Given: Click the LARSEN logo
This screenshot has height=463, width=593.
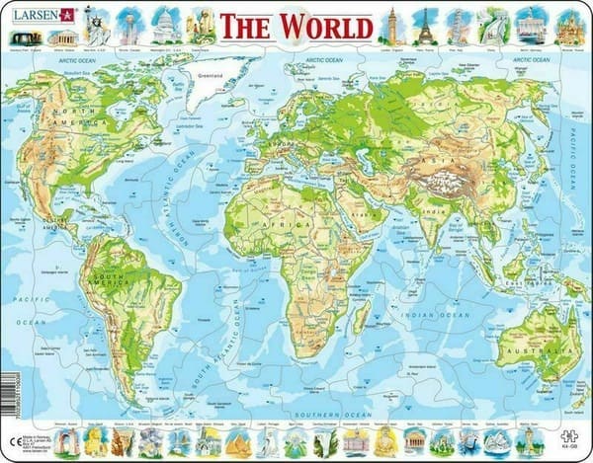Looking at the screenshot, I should (x=43, y=15).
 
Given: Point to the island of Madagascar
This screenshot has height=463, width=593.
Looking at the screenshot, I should (x=361, y=313).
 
